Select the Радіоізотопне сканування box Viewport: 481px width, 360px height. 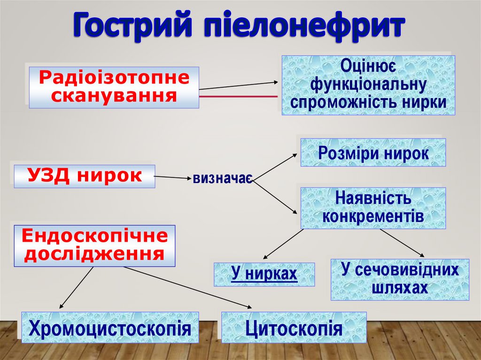point(114,87)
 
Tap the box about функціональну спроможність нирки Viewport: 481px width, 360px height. point(368,85)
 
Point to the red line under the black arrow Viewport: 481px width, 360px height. point(240,96)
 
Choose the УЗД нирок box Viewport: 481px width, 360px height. point(84,176)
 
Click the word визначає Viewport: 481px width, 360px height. point(222,178)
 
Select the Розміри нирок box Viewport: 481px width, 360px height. point(373,153)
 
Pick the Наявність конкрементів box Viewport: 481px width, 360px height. point(373,208)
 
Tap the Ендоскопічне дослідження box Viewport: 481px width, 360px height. point(94,245)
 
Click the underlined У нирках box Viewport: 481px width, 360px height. point(264,274)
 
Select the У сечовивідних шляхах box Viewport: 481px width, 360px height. point(400,279)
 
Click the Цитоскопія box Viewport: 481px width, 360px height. point(294,328)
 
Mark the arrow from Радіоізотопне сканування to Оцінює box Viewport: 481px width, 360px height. point(240,85)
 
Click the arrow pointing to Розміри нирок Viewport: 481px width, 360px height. point(275,166)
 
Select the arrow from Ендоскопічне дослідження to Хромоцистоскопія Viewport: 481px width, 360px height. point(77,288)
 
